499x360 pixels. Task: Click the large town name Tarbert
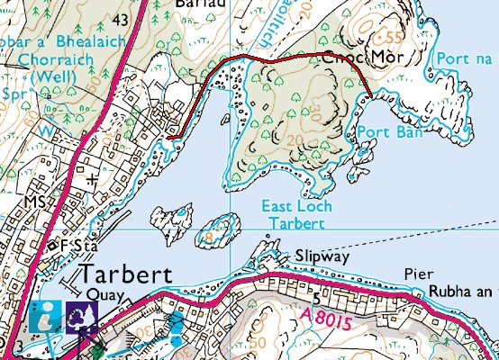(x=125, y=274)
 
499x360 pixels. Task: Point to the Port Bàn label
(x=377, y=131)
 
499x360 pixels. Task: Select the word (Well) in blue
(x=54, y=78)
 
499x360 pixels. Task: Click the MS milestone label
(x=35, y=200)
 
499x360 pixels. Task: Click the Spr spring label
(x=12, y=93)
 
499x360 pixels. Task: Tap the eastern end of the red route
(x=374, y=94)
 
